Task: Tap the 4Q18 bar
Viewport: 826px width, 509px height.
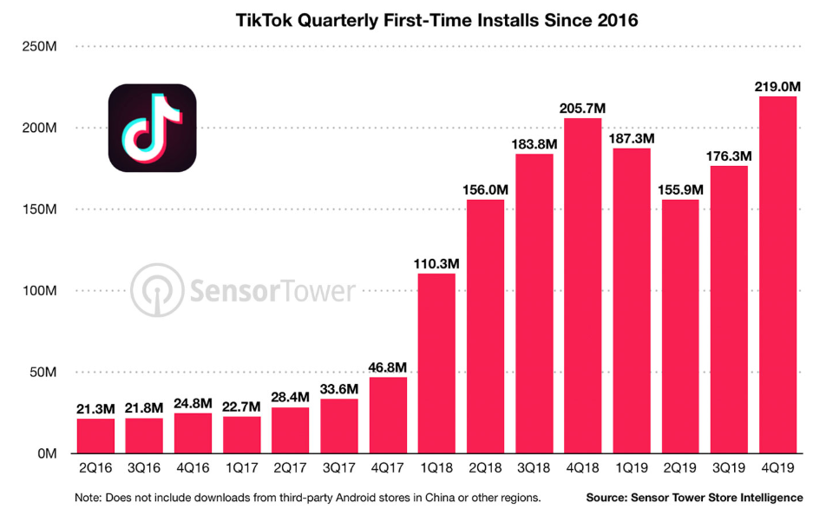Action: (583, 286)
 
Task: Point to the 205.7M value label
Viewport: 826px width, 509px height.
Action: (583, 108)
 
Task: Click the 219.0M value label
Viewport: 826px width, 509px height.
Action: (777, 86)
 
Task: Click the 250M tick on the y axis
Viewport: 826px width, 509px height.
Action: (39, 46)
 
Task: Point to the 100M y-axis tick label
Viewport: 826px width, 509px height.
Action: (39, 291)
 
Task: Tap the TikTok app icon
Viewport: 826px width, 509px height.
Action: (152, 128)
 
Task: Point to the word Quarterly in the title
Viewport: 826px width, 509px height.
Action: (331, 19)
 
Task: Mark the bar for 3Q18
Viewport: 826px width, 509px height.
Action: (534, 303)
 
